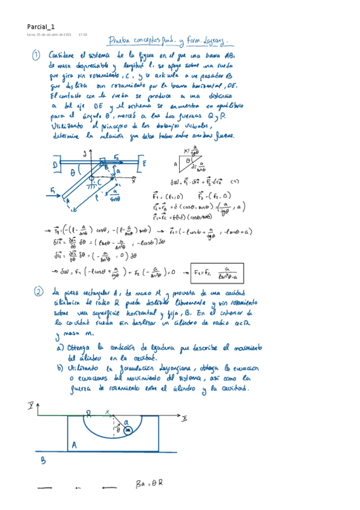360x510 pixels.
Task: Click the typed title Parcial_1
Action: tap(41, 26)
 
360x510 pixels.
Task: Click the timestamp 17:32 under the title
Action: tap(83, 35)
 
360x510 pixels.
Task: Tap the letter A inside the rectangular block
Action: tap(73, 444)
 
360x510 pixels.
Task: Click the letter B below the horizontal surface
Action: tap(43, 461)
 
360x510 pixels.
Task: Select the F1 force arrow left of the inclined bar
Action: tap(55, 194)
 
